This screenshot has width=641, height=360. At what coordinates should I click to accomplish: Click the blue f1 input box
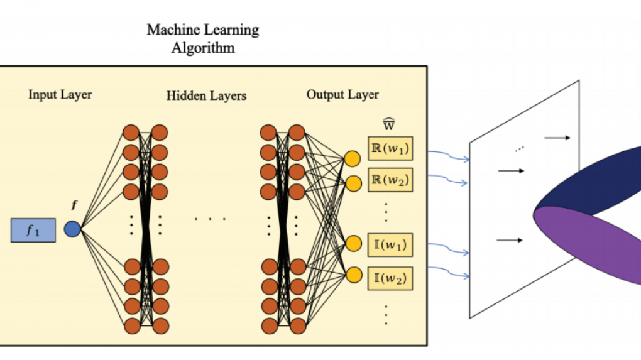click(x=33, y=230)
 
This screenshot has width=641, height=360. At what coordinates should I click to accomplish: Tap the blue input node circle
click(x=72, y=229)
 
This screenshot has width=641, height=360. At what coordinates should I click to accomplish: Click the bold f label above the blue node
click(x=75, y=205)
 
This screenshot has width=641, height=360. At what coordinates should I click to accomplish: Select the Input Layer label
click(x=60, y=95)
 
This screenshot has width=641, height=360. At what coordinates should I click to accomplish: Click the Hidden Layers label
click(x=206, y=96)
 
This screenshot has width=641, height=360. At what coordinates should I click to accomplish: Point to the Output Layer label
click(x=342, y=95)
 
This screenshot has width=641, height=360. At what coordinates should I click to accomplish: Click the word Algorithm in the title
click(x=203, y=48)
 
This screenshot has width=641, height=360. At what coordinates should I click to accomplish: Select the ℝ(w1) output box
click(x=390, y=150)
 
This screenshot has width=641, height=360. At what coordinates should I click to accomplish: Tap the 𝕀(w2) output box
click(x=390, y=278)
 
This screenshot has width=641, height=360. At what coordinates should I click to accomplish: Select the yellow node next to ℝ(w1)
click(x=353, y=160)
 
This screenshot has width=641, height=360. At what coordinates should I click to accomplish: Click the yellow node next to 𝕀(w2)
click(x=353, y=274)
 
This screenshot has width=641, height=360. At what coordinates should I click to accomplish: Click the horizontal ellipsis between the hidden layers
click(x=209, y=219)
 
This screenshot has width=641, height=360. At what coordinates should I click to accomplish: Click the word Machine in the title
click(x=170, y=30)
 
